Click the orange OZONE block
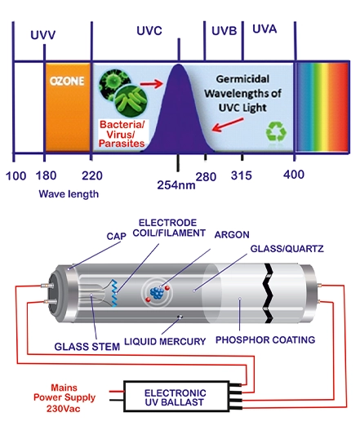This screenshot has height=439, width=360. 68,108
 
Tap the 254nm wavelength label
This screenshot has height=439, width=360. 176,185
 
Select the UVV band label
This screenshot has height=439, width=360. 43,35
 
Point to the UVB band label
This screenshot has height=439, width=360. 224,31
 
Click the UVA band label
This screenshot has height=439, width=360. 264,29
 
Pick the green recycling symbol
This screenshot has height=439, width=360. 276,131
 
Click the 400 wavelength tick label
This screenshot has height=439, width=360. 294,175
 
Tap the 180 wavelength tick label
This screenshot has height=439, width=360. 46,175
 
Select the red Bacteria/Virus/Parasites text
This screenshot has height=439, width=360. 122,134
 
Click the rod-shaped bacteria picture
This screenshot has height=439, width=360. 131,100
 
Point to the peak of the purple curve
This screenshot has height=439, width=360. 179,64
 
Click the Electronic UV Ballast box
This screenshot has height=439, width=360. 176,396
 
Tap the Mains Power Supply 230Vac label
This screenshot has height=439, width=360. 64,398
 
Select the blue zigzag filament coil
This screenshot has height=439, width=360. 114,293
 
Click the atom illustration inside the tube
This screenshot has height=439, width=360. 157,293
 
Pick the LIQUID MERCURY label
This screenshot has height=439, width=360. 165,341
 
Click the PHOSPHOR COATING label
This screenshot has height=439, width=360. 265,339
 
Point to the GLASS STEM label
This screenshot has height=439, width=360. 87,347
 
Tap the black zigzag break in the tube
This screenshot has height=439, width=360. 268,293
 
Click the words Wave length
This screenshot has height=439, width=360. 69,194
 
